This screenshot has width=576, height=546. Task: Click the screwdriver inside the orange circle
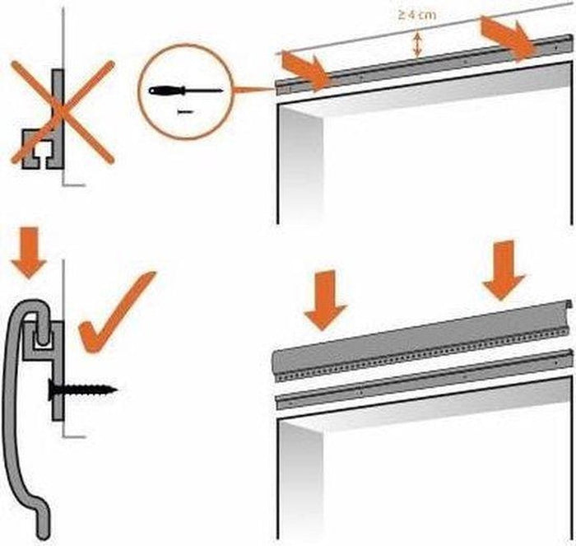click(x=185, y=90)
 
